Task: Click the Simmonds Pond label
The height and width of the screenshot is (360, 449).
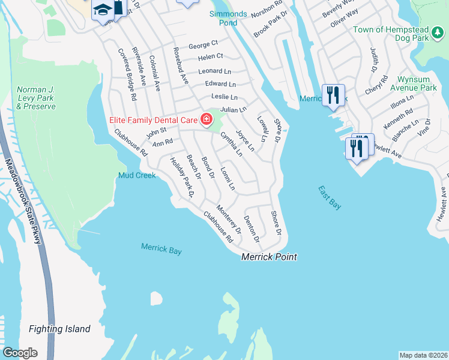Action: pyautogui.click(x=228, y=18)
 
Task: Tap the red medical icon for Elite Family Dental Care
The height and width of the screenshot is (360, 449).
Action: pyautogui.click(x=206, y=119)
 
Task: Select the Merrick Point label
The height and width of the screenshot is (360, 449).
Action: pyautogui.click(x=269, y=257)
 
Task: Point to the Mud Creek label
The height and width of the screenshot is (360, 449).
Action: pyautogui.click(x=137, y=175)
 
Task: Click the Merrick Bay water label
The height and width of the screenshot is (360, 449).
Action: pyautogui.click(x=161, y=248)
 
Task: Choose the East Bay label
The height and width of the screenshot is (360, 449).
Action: pyautogui.click(x=330, y=197)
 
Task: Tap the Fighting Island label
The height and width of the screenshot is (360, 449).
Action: pyautogui.click(x=59, y=329)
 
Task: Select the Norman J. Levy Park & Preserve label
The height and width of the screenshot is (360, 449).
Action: pyautogui.click(x=36, y=98)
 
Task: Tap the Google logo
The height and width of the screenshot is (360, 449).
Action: pyautogui.click(x=20, y=352)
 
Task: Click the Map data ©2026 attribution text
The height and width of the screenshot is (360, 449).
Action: pyautogui.click(x=424, y=355)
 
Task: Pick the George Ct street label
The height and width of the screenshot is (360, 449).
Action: pyautogui.click(x=203, y=44)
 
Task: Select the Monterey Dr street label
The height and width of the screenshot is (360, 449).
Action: pyautogui.click(x=229, y=220)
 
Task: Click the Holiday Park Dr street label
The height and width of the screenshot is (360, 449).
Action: pyautogui.click(x=182, y=178)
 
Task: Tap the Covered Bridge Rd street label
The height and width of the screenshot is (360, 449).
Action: pyautogui.click(x=127, y=74)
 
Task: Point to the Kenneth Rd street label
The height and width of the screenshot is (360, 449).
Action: pyautogui.click(x=398, y=119)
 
